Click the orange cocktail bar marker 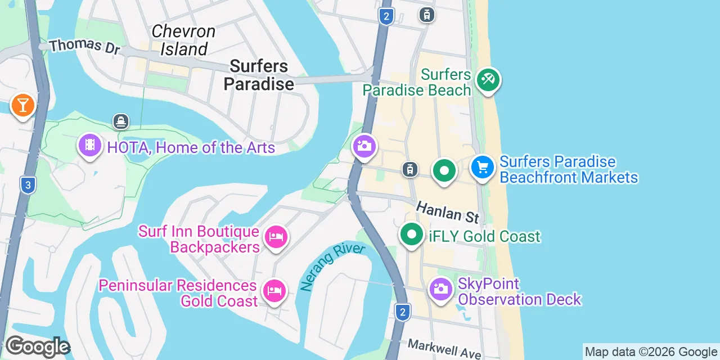[x=22, y=105]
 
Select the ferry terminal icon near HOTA [x=120, y=121]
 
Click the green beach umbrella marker [x=488, y=80]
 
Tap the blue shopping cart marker [x=482, y=167]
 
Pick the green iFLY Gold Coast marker [x=412, y=234]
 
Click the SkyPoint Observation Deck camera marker [x=440, y=290]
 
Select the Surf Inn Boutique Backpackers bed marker [x=276, y=236]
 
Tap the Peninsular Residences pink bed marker [x=274, y=291]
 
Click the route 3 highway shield [x=27, y=185]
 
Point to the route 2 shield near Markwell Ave [x=402, y=312]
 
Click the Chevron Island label [x=183, y=40]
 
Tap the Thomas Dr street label [x=84, y=46]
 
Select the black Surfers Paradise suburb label [x=259, y=75]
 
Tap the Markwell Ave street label [x=444, y=349]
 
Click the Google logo [x=37, y=346]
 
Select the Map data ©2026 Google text [x=651, y=352]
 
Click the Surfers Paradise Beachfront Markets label [x=568, y=169]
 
